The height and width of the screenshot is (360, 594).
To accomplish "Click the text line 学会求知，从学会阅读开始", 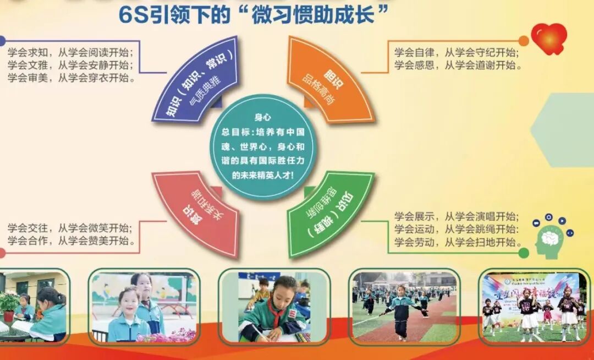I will [x=71, y=53].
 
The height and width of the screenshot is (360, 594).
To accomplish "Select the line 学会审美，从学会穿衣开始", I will [x=71, y=78].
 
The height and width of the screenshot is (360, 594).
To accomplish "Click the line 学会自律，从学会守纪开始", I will [x=457, y=53].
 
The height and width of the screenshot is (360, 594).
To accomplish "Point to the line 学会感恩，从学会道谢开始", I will [x=457, y=66].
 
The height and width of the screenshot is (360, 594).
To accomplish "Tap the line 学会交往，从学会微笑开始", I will [x=71, y=228].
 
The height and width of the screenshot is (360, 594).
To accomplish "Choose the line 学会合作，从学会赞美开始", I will [x=71, y=241].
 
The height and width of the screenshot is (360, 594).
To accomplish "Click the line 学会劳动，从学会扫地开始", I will [x=456, y=242].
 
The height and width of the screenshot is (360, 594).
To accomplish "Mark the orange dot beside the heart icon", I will [x=523, y=41].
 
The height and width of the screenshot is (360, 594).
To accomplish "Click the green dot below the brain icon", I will [x=523, y=253].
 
